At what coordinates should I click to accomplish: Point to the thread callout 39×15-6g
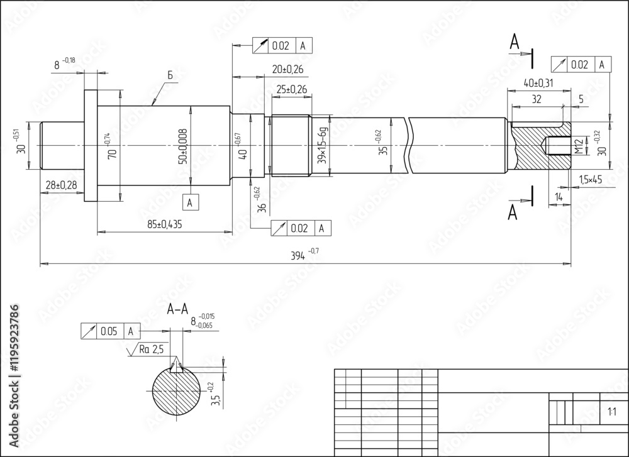(x=322, y=146)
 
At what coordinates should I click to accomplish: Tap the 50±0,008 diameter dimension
(x=182, y=146)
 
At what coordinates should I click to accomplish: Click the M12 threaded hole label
(x=577, y=147)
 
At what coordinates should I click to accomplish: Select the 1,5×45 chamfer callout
(x=590, y=180)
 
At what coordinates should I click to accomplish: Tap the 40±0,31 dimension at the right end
(x=538, y=83)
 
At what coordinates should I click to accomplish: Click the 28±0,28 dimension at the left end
(x=62, y=184)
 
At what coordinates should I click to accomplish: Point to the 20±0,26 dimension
(x=287, y=69)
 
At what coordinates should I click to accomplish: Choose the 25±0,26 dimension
(x=291, y=90)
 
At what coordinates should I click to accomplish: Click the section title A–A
(x=178, y=309)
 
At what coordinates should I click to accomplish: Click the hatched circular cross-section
(x=175, y=392)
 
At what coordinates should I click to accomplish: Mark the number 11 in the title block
(x=611, y=412)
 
